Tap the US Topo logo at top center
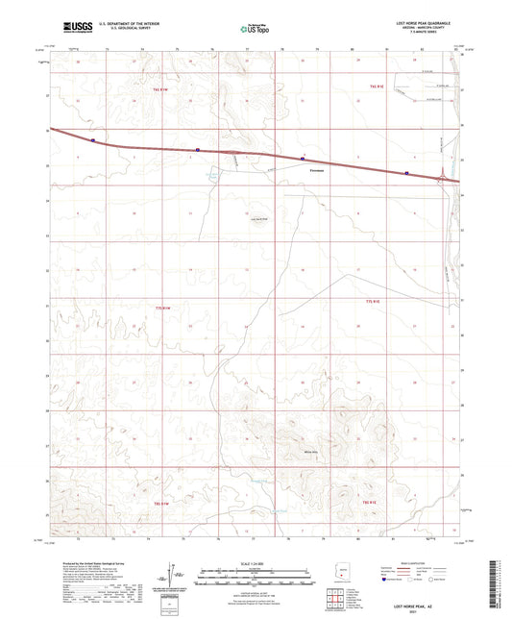[255, 29]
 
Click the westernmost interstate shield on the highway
[93, 139]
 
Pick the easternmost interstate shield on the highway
[406, 174]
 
